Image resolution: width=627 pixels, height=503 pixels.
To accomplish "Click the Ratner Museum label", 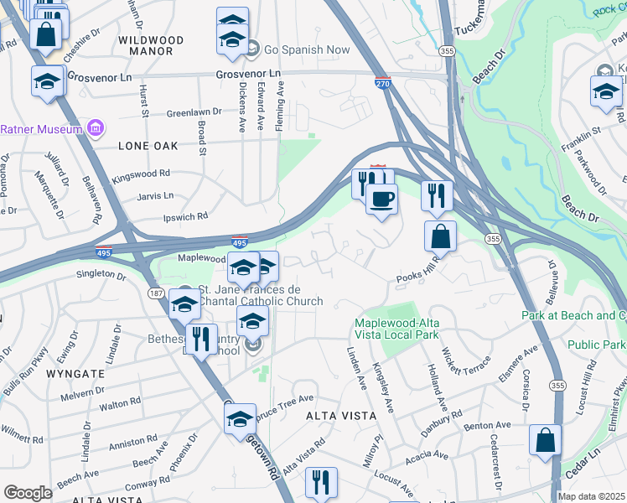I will (x=40, y=129).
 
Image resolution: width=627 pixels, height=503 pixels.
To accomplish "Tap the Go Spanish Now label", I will (x=307, y=49).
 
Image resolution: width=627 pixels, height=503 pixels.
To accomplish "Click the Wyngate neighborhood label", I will (x=75, y=373).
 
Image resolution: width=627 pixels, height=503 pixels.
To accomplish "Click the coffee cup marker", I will (x=382, y=200).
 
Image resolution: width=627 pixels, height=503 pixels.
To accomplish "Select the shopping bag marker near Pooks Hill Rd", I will (x=440, y=237).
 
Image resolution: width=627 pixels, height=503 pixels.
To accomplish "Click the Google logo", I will (x=28, y=493).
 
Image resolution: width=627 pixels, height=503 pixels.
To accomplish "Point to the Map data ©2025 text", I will (x=591, y=496).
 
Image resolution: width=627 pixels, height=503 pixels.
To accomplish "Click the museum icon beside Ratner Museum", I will (x=96, y=129).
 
